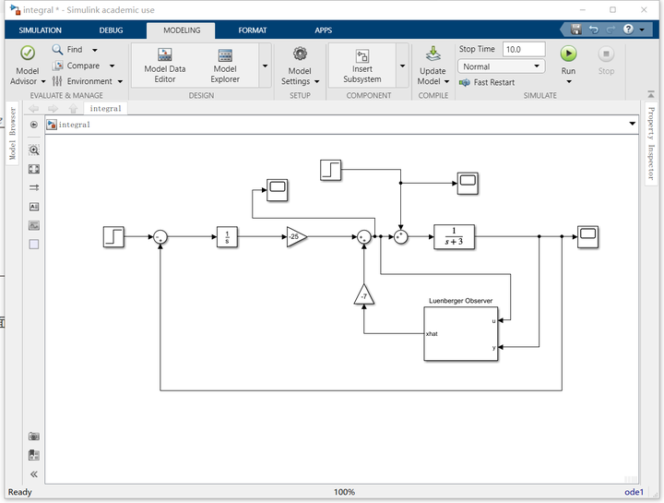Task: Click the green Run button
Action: click(x=568, y=54)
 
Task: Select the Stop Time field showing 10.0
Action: click(x=524, y=49)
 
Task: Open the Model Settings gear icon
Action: click(x=300, y=54)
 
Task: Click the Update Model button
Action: click(x=433, y=66)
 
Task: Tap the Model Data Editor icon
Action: click(x=165, y=54)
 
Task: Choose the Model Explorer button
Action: click(x=225, y=66)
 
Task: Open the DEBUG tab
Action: click(x=111, y=30)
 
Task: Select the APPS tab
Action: click(x=323, y=30)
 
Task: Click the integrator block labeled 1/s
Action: click(x=227, y=237)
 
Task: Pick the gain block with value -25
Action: click(x=296, y=237)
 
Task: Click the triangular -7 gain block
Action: click(x=363, y=295)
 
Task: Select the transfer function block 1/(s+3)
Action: click(x=454, y=237)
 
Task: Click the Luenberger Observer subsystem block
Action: click(x=461, y=334)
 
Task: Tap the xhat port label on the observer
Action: click(x=432, y=334)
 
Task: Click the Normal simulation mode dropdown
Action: click(x=501, y=66)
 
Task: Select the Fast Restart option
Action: click(x=488, y=82)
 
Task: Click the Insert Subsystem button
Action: click(x=362, y=66)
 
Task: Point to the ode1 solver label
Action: click(x=634, y=492)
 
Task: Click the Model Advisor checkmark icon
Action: click(x=28, y=53)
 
